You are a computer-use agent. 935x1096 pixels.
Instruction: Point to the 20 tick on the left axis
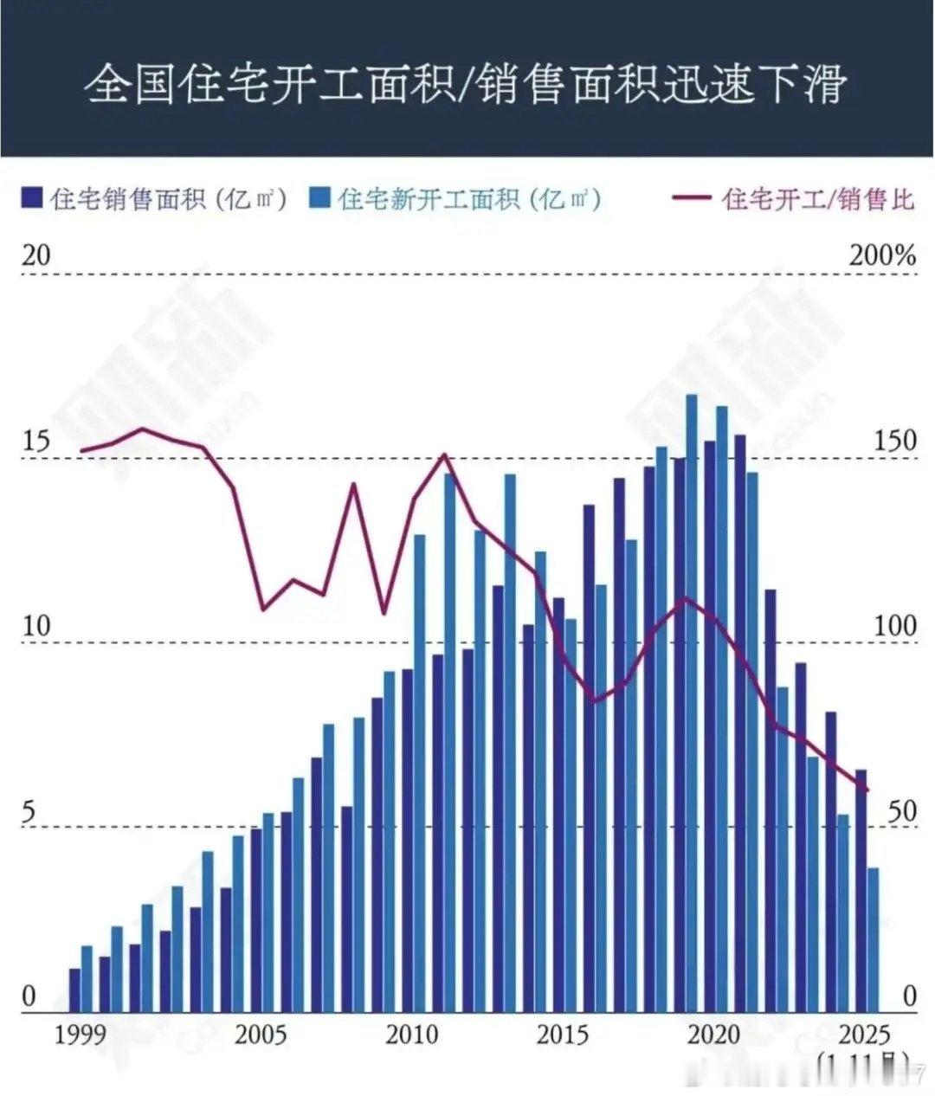tap(36, 255)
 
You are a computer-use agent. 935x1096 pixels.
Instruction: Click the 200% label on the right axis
tap(882, 255)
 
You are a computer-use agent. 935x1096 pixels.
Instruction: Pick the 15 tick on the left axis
tap(36, 441)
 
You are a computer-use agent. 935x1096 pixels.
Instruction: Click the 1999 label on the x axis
tap(80, 1035)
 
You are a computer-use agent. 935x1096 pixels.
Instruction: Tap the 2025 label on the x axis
tap(862, 1035)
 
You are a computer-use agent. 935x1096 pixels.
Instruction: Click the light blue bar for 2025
tap(874, 939)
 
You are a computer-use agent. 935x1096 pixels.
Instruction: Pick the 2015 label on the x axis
tap(563, 1035)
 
